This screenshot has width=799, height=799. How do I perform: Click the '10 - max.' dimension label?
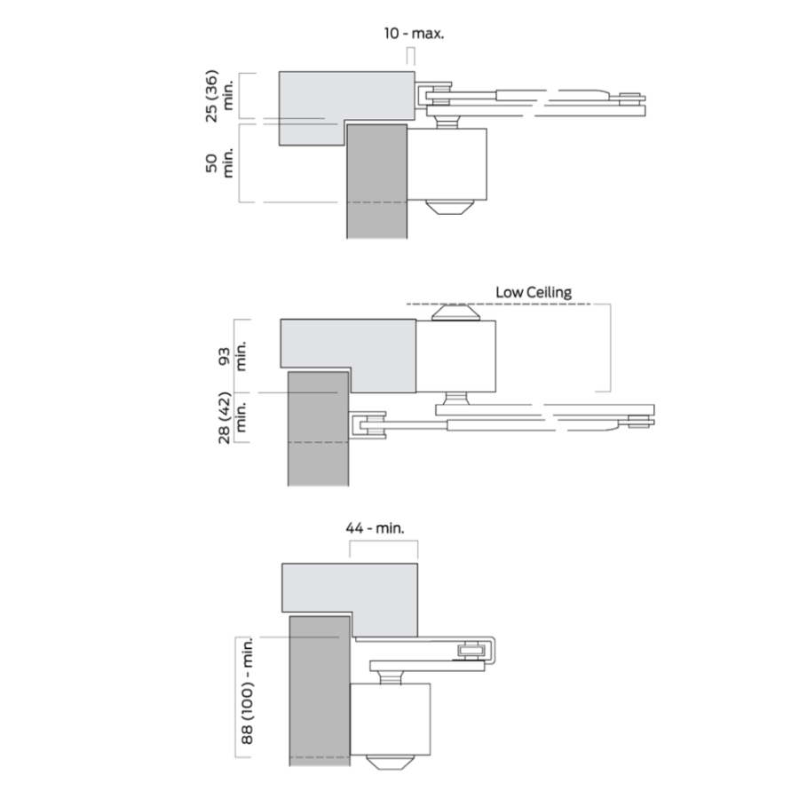click(414, 34)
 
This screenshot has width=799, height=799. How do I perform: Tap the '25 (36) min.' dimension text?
click(219, 96)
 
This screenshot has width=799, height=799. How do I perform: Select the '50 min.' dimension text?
click(219, 163)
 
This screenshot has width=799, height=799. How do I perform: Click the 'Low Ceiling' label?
click(534, 292)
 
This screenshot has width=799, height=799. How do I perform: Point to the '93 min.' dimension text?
click(232, 356)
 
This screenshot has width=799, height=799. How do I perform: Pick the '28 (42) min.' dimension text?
click(232, 417)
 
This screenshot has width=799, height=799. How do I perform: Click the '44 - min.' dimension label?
click(375, 528)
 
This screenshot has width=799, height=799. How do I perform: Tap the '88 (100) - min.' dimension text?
click(247, 691)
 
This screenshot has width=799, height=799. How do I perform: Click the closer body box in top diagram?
click(447, 164)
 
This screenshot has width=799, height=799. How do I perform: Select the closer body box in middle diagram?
click(455, 356)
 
